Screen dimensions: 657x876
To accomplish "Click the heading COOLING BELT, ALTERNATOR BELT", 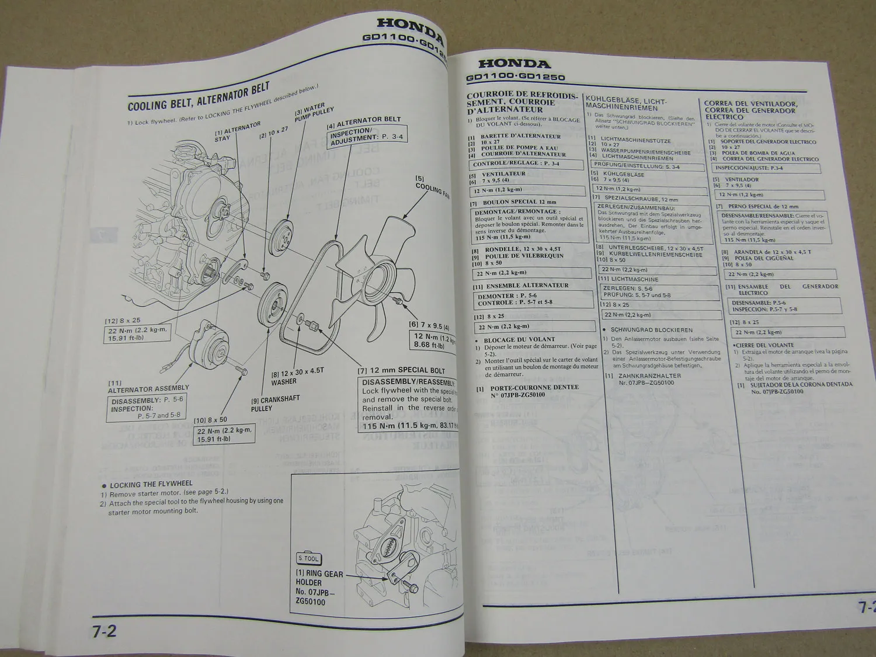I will [199, 97].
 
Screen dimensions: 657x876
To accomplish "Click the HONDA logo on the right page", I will [515, 64].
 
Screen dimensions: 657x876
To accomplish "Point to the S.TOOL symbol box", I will [308, 558].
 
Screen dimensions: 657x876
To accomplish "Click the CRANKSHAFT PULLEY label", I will [275, 404].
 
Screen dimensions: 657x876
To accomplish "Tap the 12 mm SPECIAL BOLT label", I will [404, 370].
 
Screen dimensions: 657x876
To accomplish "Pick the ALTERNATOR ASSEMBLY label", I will [148, 388].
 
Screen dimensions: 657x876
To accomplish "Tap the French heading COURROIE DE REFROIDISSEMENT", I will [522, 102].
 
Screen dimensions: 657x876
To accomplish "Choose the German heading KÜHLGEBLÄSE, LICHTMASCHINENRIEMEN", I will [626, 105].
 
